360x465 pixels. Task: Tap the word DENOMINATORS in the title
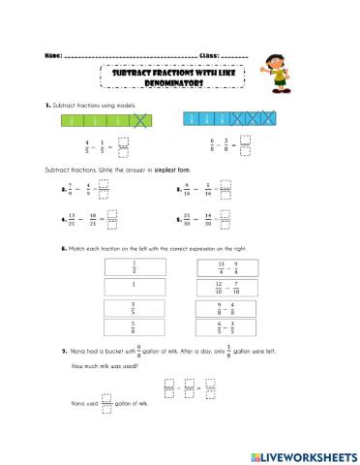[174, 84]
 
